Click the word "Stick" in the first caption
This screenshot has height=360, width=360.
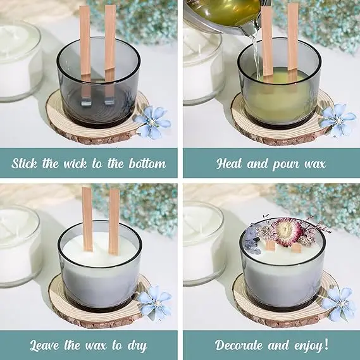(x=28, y=163)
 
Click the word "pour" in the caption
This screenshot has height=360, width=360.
(x=285, y=164)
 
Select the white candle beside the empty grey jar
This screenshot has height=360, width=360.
(x=18, y=60)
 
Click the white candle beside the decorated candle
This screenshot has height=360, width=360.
(x=201, y=240)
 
